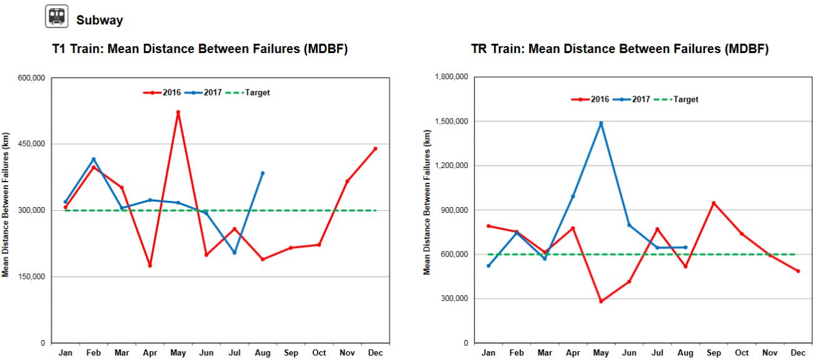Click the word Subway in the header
(x=99, y=21)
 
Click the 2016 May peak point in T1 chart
(x=178, y=112)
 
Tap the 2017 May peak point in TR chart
(x=601, y=123)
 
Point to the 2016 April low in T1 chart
(x=150, y=266)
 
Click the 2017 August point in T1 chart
(x=263, y=173)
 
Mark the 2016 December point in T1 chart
(x=375, y=148)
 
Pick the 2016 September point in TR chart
(x=713, y=203)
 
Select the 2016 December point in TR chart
(x=798, y=271)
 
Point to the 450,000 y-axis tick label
(x=31, y=144)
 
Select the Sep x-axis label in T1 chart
(x=291, y=353)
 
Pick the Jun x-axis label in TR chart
(x=629, y=353)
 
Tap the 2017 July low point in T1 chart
(x=235, y=253)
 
